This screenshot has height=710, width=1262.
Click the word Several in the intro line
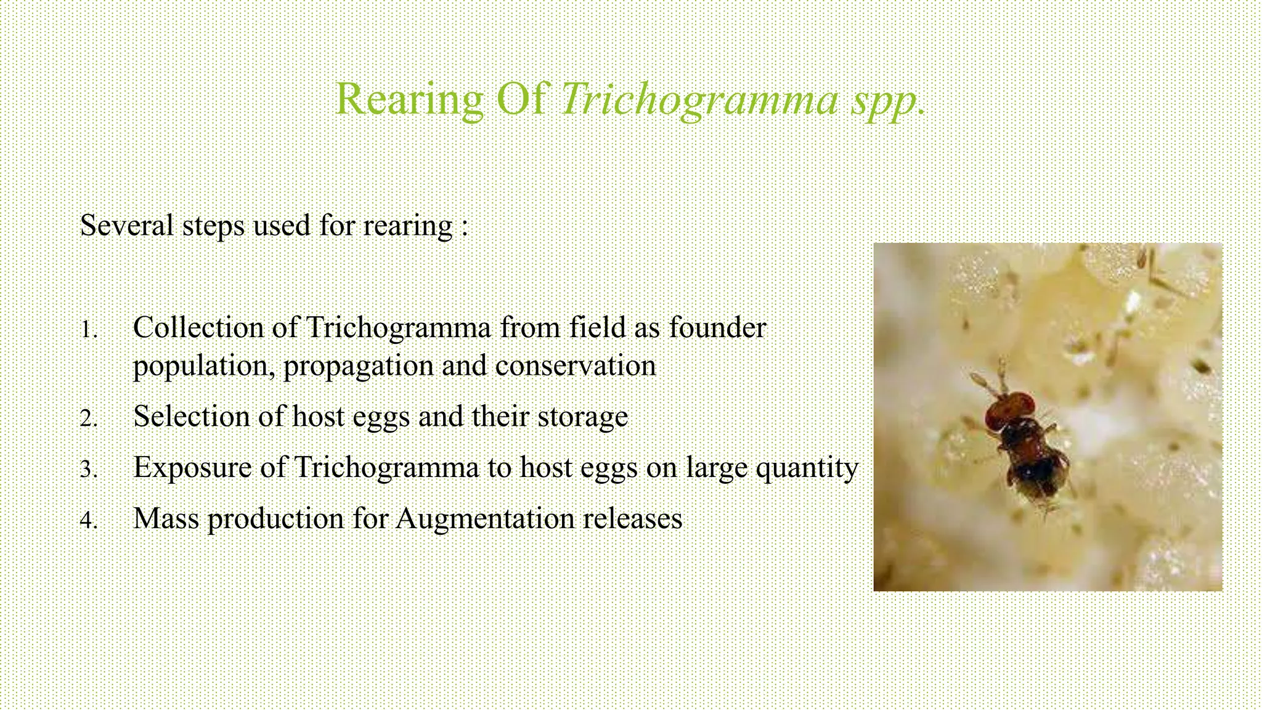coord(127,225)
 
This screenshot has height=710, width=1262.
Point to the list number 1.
coord(89,330)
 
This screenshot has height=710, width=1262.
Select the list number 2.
coord(89,418)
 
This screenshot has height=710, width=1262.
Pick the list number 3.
coord(89,469)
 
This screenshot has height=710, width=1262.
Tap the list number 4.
coord(89,520)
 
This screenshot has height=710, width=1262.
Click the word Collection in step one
coord(198,327)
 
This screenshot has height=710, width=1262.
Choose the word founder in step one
coord(717,327)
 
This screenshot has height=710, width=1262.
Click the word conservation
coord(575,366)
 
